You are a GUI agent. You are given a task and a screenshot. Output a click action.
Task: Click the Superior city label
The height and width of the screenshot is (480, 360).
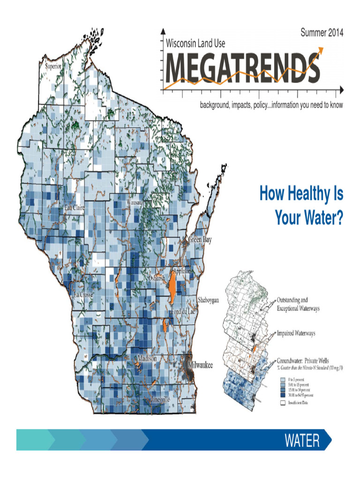53,66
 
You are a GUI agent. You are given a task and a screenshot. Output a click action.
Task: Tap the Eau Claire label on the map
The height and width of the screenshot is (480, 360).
75,207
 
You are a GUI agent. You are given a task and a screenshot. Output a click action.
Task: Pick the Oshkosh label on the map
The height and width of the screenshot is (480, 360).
157,278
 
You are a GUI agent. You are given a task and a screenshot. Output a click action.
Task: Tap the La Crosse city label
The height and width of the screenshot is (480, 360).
83,295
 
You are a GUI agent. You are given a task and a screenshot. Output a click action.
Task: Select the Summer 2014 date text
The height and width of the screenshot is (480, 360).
322,33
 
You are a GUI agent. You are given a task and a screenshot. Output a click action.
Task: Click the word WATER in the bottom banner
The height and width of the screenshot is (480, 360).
302,441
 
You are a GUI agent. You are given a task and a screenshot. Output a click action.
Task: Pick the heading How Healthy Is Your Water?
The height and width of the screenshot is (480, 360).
301,206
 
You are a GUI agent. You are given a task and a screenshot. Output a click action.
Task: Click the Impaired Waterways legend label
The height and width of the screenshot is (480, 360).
296,333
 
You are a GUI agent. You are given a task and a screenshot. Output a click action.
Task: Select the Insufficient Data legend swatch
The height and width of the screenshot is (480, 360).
282,402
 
